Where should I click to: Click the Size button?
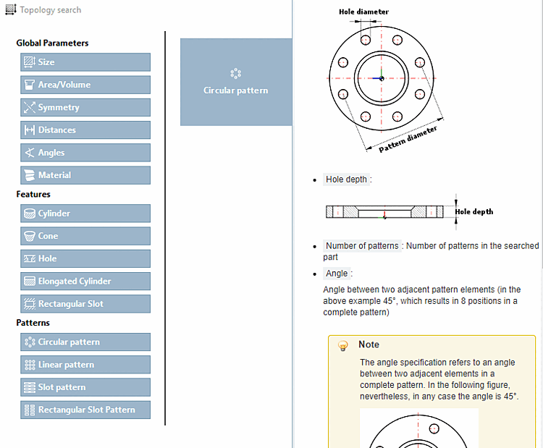coord(85,62)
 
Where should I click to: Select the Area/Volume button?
coord(85,85)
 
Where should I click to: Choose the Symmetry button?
coord(85,107)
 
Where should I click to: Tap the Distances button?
coord(85,130)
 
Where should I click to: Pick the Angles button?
coord(85,153)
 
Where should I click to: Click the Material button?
coord(85,175)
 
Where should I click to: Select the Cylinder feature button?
coord(85,214)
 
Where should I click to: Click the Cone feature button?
coord(85,236)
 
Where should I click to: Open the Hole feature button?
coord(85,258)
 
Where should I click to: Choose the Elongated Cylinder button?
coord(85,282)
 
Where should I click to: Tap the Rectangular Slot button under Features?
coord(85,304)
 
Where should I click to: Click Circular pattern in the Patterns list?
coord(85,342)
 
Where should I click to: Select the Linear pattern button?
coord(85,365)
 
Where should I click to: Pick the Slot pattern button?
coord(85,387)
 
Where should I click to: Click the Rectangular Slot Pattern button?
coord(85,410)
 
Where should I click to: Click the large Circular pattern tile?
coord(235,82)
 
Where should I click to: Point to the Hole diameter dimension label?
coord(363,12)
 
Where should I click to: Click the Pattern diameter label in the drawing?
coord(408,140)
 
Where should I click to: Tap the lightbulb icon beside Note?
coord(343,345)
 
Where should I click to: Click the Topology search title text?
coord(50,10)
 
